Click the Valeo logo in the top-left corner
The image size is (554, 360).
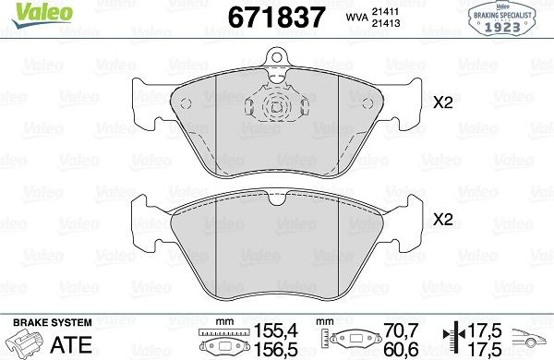click(x=42, y=14)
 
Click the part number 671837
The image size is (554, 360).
click(x=276, y=18)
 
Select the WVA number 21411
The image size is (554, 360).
click(x=385, y=11)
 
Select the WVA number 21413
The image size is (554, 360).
click(x=385, y=23)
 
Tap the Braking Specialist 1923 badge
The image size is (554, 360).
click(x=502, y=18)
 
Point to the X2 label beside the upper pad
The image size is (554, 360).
click(x=443, y=102)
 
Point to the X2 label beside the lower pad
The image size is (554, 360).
click(x=443, y=220)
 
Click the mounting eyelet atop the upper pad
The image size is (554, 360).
click(x=277, y=57)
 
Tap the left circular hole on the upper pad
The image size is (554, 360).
click(x=186, y=103)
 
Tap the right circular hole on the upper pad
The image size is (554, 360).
click(x=367, y=103)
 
